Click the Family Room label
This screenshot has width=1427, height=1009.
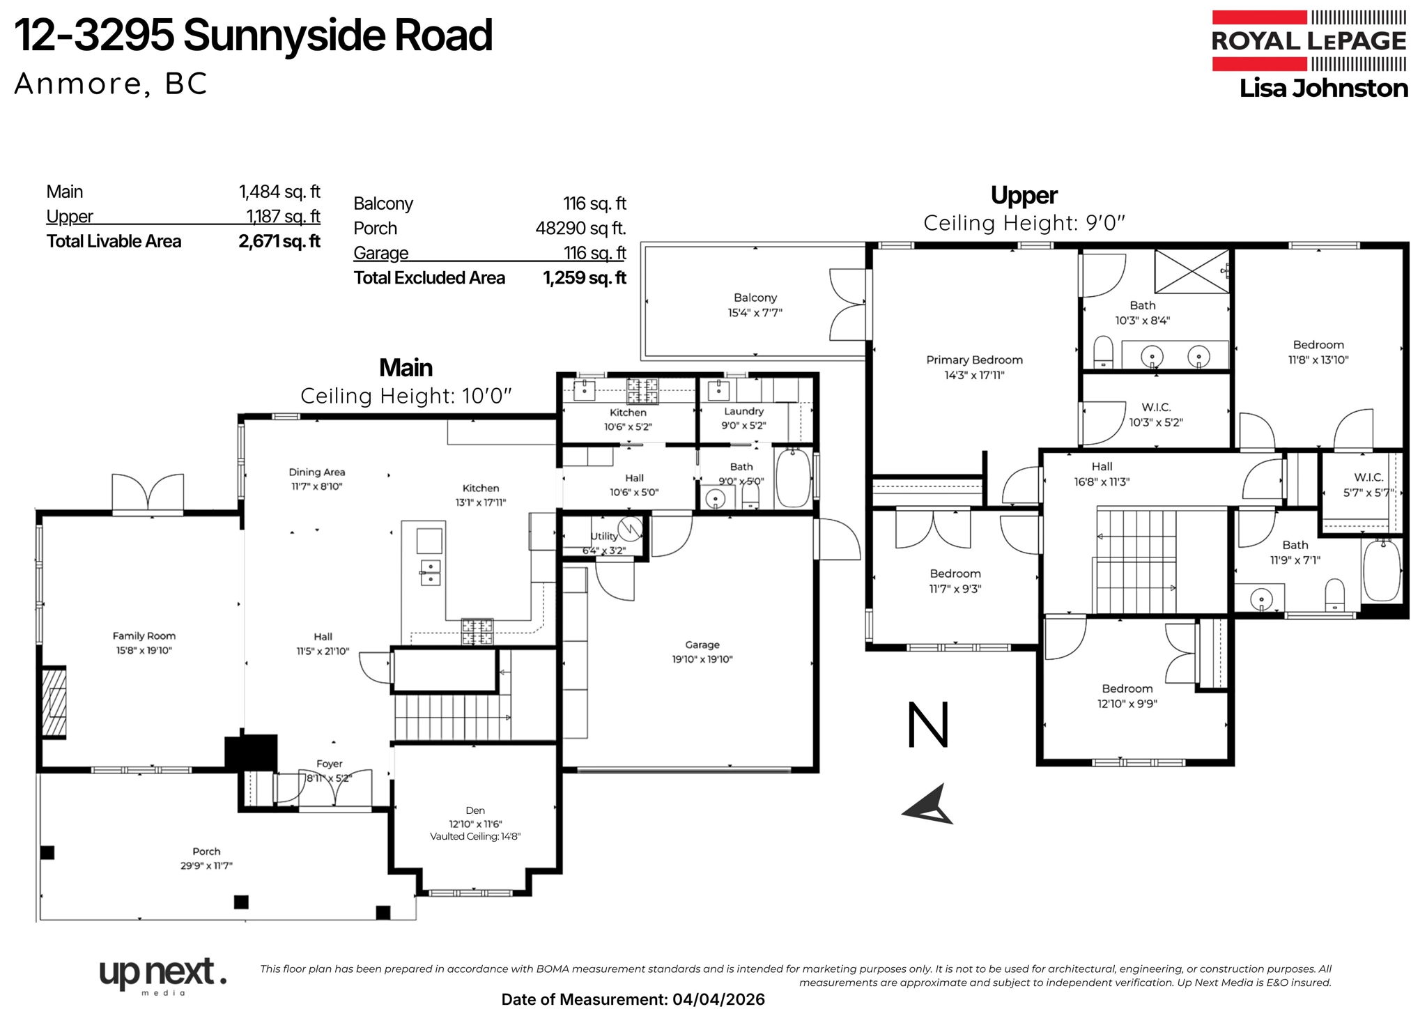pyautogui.click(x=144, y=636)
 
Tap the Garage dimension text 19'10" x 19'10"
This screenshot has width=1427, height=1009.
pyautogui.click(x=702, y=659)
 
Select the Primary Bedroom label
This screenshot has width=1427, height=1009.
pyautogui.click(x=974, y=360)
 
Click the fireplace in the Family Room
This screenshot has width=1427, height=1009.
pyautogui.click(x=54, y=702)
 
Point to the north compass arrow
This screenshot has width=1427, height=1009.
pyautogui.click(x=930, y=806)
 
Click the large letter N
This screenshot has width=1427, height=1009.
pyautogui.click(x=928, y=725)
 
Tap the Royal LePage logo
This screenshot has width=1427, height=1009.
pyautogui.click(x=1309, y=40)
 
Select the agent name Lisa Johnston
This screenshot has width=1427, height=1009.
pyautogui.click(x=1323, y=88)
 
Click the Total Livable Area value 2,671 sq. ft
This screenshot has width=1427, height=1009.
pyautogui.click(x=279, y=241)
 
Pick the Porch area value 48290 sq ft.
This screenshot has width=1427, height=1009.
pyautogui.click(x=580, y=228)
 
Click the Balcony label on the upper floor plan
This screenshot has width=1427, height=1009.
pyautogui.click(x=755, y=298)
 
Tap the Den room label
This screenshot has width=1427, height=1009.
pyautogui.click(x=475, y=810)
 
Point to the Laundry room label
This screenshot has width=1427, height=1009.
pyautogui.click(x=743, y=411)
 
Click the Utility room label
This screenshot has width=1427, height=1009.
pyautogui.click(x=603, y=536)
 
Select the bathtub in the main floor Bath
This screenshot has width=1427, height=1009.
pyautogui.click(x=793, y=478)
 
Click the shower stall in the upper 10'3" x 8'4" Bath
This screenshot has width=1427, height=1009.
pyautogui.click(x=1191, y=271)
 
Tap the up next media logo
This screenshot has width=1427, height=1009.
pyautogui.click(x=162, y=974)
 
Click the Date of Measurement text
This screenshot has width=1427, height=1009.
pyautogui.click(x=633, y=999)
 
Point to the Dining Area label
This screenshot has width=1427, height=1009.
pyautogui.click(x=317, y=472)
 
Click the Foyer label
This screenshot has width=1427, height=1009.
pyautogui.click(x=329, y=764)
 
